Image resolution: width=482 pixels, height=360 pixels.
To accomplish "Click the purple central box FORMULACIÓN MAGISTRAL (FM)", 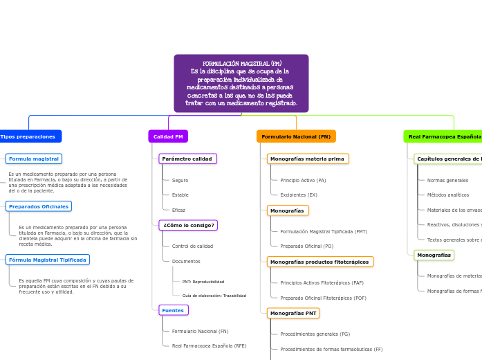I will [x=241, y=83].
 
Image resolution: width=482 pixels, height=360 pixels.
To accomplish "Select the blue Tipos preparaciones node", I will [x=28, y=136].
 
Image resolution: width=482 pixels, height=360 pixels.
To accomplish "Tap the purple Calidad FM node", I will [x=168, y=136].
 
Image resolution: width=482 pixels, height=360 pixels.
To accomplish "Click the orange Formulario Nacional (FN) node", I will [x=296, y=136].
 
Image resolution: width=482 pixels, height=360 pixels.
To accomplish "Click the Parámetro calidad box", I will [x=187, y=159].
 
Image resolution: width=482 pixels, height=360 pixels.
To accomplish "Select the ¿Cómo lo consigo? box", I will [x=188, y=225].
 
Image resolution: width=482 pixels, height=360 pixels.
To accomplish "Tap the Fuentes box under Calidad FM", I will [x=173, y=310].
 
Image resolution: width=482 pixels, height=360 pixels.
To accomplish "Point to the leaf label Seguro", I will [x=180, y=180].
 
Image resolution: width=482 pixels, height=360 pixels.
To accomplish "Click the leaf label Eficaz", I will [x=178, y=210].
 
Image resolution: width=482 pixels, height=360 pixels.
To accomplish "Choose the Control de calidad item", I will [x=192, y=246].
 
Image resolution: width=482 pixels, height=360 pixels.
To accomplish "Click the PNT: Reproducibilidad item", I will [x=203, y=282].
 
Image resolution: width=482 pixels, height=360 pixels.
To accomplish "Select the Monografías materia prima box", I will [x=308, y=159].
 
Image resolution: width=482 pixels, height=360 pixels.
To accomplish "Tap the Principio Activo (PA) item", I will [x=303, y=180].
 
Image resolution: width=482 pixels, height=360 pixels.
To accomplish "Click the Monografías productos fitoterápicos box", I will [x=319, y=262].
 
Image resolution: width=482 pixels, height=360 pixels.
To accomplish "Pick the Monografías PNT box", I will [x=293, y=313].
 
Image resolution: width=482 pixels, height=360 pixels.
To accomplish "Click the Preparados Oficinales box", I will [x=39, y=206].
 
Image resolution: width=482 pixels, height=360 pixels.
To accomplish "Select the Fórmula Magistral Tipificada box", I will [x=48, y=260].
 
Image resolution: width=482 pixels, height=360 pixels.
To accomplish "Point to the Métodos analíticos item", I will [x=447, y=195].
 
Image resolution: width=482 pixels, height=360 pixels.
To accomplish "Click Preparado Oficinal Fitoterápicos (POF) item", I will [x=323, y=298].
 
